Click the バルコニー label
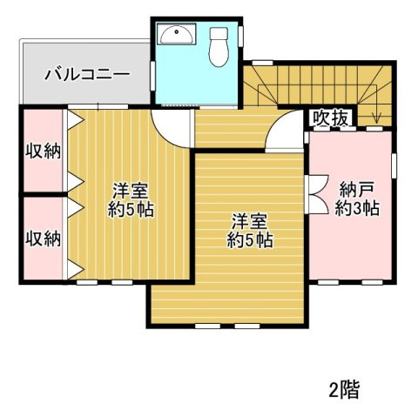pos(88,73)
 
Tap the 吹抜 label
pos(331,117)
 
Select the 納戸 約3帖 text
pos(358,198)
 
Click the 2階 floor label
pos(345,388)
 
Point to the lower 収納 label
pos(42,237)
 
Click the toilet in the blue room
pos(218,44)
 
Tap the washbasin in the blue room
pos(178,34)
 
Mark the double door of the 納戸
pos(316,193)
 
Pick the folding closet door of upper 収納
pos(75,150)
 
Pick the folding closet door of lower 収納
pos(75,237)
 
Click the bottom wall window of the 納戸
pos(350,282)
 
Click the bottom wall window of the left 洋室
pos(100,282)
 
